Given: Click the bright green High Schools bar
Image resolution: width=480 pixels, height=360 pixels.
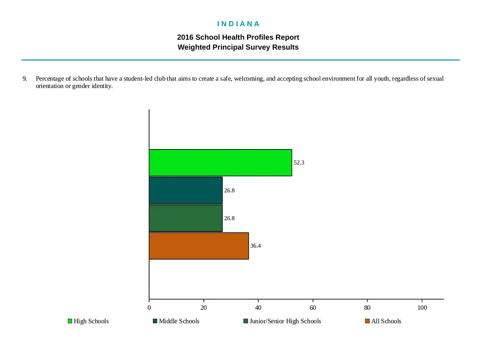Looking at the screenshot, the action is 220,163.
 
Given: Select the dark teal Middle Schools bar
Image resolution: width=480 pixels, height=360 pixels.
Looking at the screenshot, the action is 186,190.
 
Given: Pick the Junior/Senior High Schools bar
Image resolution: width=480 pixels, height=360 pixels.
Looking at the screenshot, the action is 186,218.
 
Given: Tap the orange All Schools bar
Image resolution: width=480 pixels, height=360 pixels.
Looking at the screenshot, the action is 199,246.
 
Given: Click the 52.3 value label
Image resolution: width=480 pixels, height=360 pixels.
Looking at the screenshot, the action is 299,163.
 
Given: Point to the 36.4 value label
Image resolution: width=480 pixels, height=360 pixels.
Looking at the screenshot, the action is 255,246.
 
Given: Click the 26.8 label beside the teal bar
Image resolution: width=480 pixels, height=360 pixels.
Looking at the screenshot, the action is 229,190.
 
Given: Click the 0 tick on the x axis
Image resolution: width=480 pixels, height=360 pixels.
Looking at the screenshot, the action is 149,307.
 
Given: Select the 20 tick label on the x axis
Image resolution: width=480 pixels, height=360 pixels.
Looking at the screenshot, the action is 203,307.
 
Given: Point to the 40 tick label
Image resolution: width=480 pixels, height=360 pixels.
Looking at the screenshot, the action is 258,307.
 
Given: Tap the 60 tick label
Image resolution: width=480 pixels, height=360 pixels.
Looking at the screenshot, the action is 313,307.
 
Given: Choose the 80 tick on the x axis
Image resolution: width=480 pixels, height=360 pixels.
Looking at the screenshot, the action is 367,307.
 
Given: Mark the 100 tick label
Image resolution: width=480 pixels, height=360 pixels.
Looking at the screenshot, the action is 422,307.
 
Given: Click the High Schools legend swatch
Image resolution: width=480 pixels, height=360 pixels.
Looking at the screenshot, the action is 70,321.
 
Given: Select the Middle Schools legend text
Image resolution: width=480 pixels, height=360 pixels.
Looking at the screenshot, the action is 179,321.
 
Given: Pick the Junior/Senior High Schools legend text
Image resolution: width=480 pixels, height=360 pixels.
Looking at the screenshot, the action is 285,321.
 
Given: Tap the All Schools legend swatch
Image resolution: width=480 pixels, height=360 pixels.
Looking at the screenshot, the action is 367,321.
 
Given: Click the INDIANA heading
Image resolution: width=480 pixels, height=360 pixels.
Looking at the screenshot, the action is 239,24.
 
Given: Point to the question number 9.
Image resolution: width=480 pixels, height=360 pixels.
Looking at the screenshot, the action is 24,79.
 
